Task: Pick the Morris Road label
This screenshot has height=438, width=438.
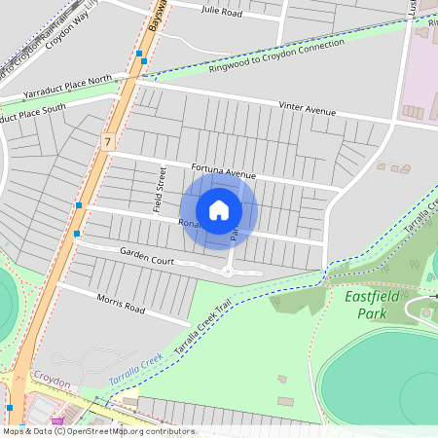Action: [121, 305]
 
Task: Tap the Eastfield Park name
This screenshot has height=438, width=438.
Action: [366, 305]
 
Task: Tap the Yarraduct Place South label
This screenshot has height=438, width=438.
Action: [44, 107]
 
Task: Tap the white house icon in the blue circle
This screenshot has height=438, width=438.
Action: [219, 209]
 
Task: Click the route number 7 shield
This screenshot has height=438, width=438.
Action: [105, 143]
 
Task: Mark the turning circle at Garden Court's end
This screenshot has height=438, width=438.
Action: [228, 271]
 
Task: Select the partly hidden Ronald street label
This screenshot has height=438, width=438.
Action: [188, 224]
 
